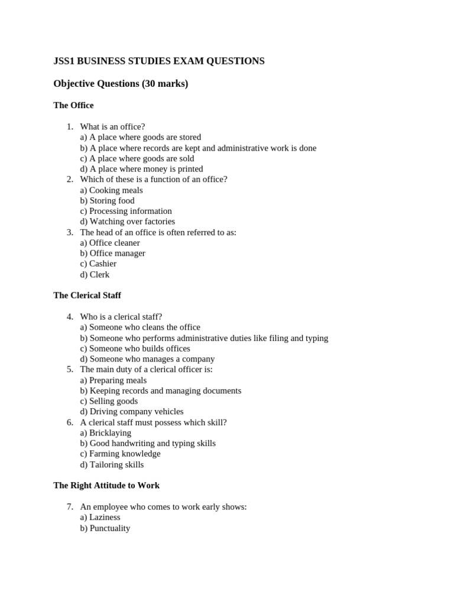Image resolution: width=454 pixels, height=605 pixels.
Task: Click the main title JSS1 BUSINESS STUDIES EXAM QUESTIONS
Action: tap(159, 61)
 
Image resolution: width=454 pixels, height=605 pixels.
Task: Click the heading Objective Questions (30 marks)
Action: tap(121, 84)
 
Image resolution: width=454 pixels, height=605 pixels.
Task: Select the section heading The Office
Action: tap(73, 105)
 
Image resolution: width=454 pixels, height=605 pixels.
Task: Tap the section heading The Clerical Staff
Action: tap(87, 295)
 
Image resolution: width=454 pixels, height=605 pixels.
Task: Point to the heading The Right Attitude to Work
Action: tap(106, 485)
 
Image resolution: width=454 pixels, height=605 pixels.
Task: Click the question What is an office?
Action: tap(112, 126)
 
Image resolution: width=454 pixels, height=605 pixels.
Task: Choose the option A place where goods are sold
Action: tap(137, 158)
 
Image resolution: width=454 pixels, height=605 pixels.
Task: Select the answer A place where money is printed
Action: tap(141, 169)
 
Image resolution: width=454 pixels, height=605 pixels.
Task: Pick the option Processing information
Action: tap(126, 211)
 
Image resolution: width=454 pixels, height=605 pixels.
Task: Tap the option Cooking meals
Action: tap(111, 190)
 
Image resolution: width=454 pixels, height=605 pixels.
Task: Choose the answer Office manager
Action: tap(112, 253)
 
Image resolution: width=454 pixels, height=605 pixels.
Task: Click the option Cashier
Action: tap(98, 264)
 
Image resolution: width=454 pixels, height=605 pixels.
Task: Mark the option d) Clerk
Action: tap(95, 275)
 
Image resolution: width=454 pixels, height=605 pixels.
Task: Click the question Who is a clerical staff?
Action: tap(121, 317)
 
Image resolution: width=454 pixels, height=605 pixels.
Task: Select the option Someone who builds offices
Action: tap(135, 349)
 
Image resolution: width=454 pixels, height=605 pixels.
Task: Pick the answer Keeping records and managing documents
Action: tap(160, 391)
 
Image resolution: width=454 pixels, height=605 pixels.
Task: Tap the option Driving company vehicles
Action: tap(132, 411)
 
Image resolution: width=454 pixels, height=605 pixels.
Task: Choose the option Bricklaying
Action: tap(106, 432)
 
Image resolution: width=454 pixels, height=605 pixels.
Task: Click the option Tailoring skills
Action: tap(112, 464)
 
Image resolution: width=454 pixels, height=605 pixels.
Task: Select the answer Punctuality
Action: tap(105, 528)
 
